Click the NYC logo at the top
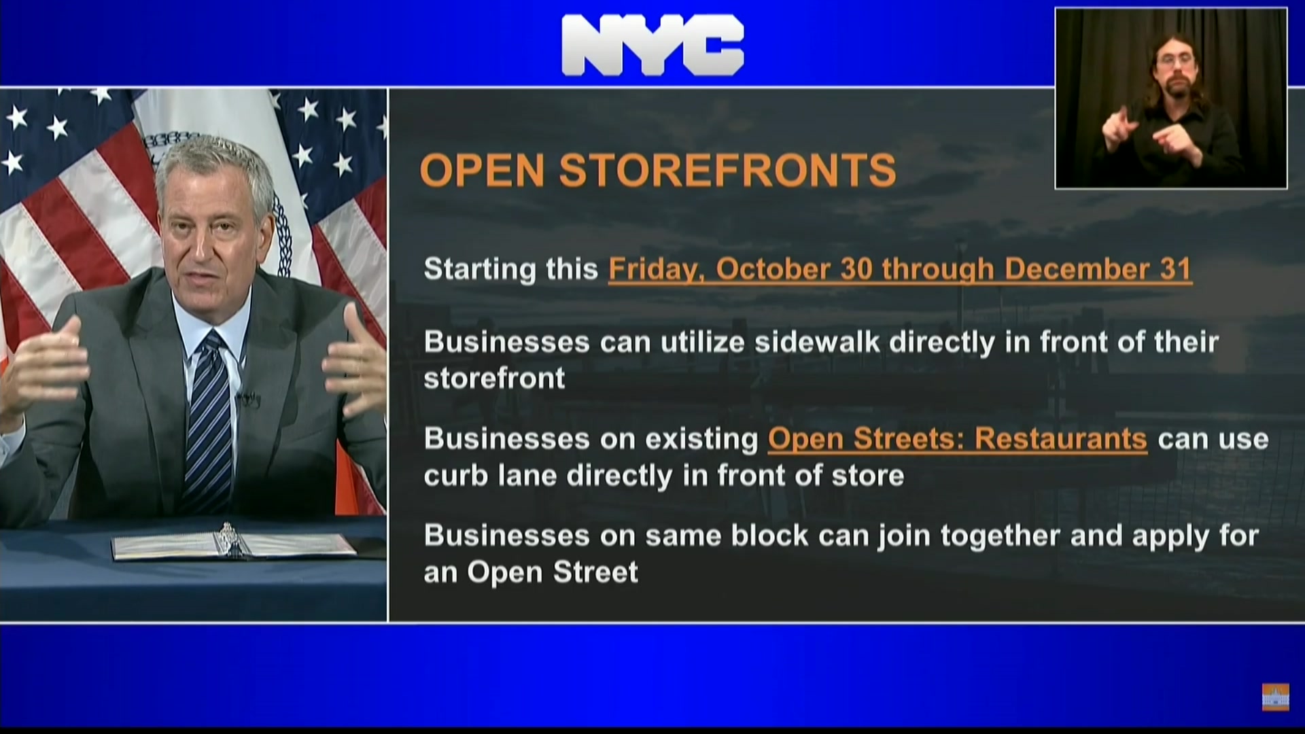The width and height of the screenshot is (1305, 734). click(x=652, y=45)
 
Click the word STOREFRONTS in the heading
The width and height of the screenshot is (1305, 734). click(x=727, y=170)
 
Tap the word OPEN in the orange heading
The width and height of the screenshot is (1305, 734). click(x=482, y=170)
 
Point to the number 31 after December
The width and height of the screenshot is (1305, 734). click(x=1175, y=268)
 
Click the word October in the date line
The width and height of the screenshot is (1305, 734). click(x=773, y=268)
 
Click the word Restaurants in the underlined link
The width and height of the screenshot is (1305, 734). click(x=1060, y=439)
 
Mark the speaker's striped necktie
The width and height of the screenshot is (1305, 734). click(x=209, y=421)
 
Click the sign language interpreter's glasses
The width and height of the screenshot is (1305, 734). click(x=1174, y=60)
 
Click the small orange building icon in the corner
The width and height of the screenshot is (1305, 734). click(x=1275, y=697)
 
